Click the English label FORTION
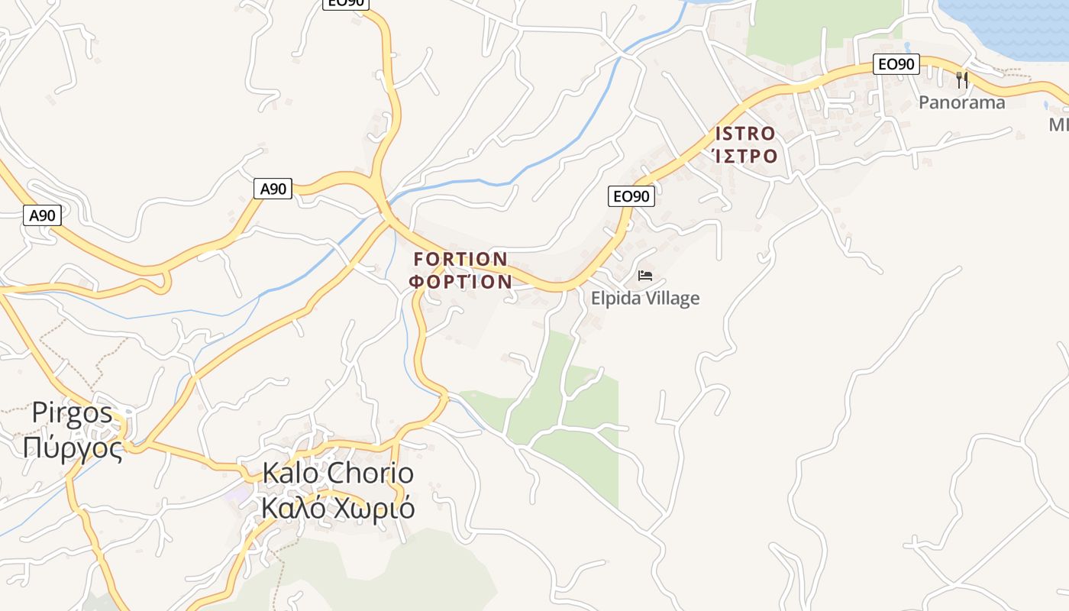tap(460, 260)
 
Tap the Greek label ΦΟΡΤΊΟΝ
tap(460, 282)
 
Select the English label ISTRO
tap(745, 134)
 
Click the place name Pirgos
tap(72, 413)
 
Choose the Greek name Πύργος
tap(73, 448)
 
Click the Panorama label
tap(961, 102)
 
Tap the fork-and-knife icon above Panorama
tap(962, 79)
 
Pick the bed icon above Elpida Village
tap(645, 276)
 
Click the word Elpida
tap(617, 299)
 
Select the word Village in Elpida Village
tap(673, 299)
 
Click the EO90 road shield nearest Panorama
tap(896, 64)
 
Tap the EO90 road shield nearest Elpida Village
tap(631, 196)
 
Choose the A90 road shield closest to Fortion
tap(273, 189)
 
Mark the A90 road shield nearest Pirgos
tap(42, 215)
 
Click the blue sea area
tap(1008, 23)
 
